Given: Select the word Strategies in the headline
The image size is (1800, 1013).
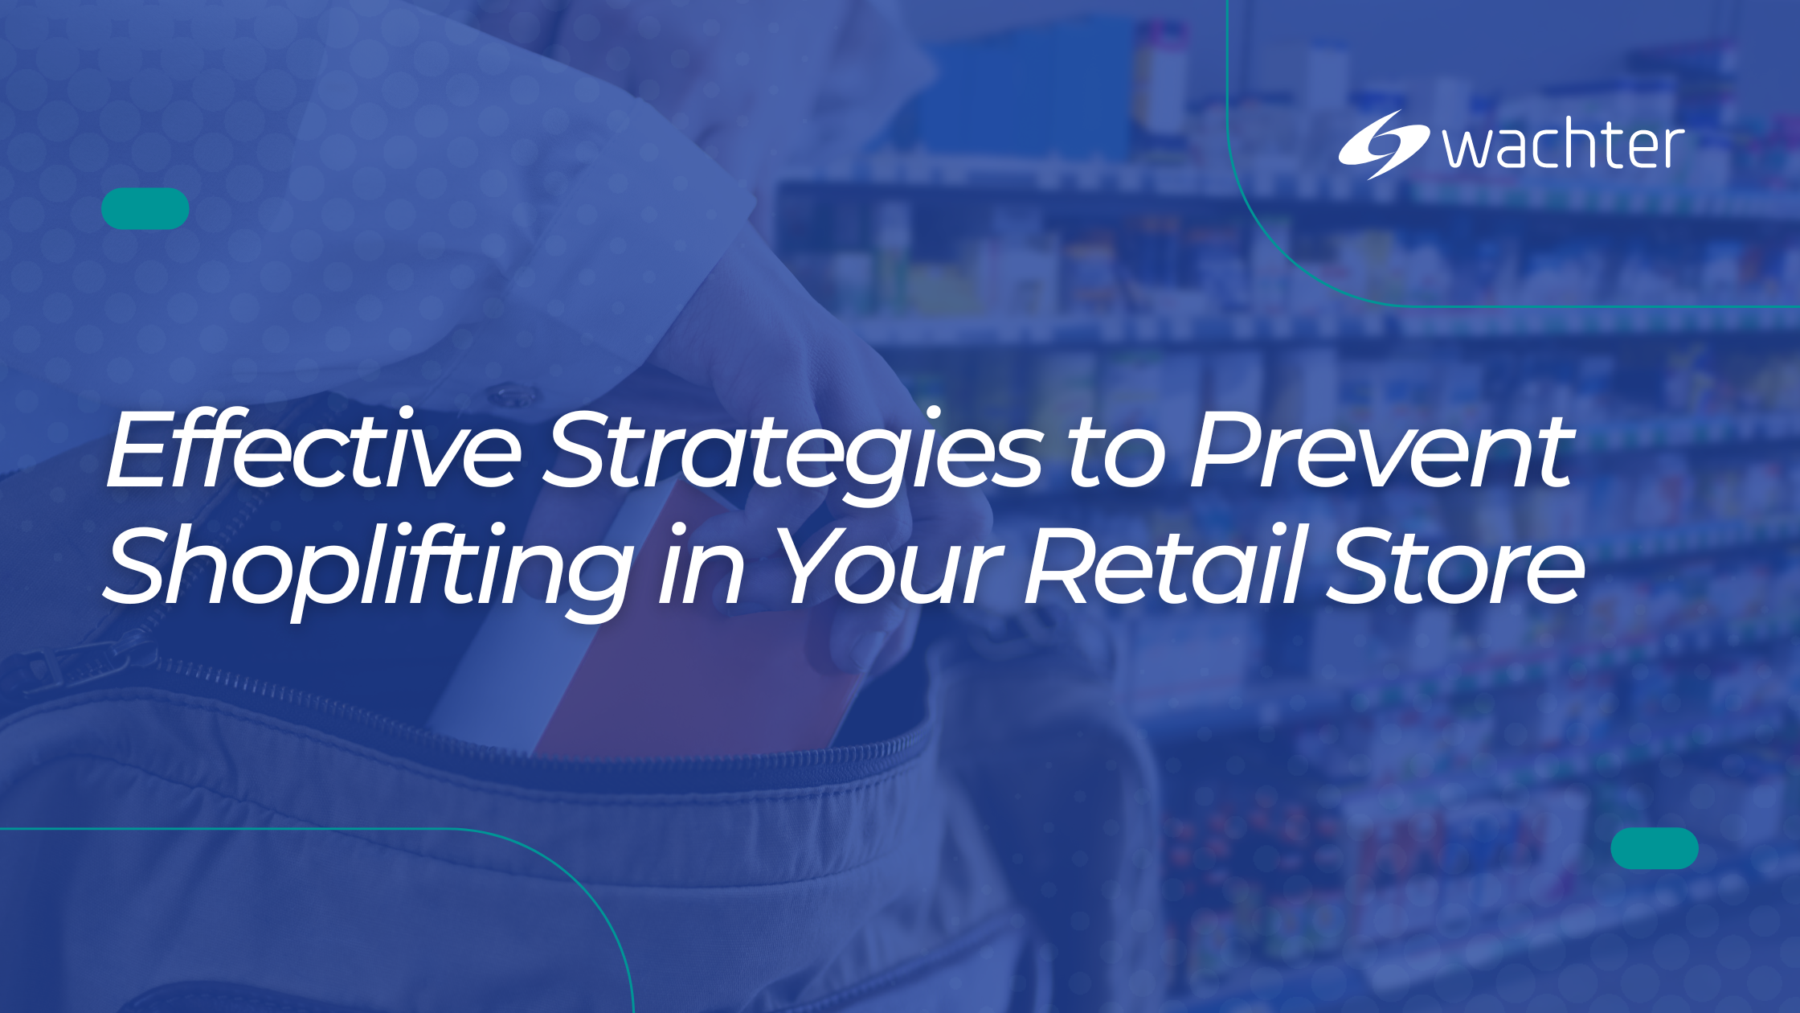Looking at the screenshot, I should coord(792,450).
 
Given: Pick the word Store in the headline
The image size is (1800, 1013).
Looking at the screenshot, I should coord(1454,567).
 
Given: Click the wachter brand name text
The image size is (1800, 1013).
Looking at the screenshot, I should coord(1563,146).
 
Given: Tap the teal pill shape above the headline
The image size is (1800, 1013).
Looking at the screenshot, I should coord(145,209).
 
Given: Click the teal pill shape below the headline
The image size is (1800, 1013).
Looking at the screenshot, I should coord(1655,848).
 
